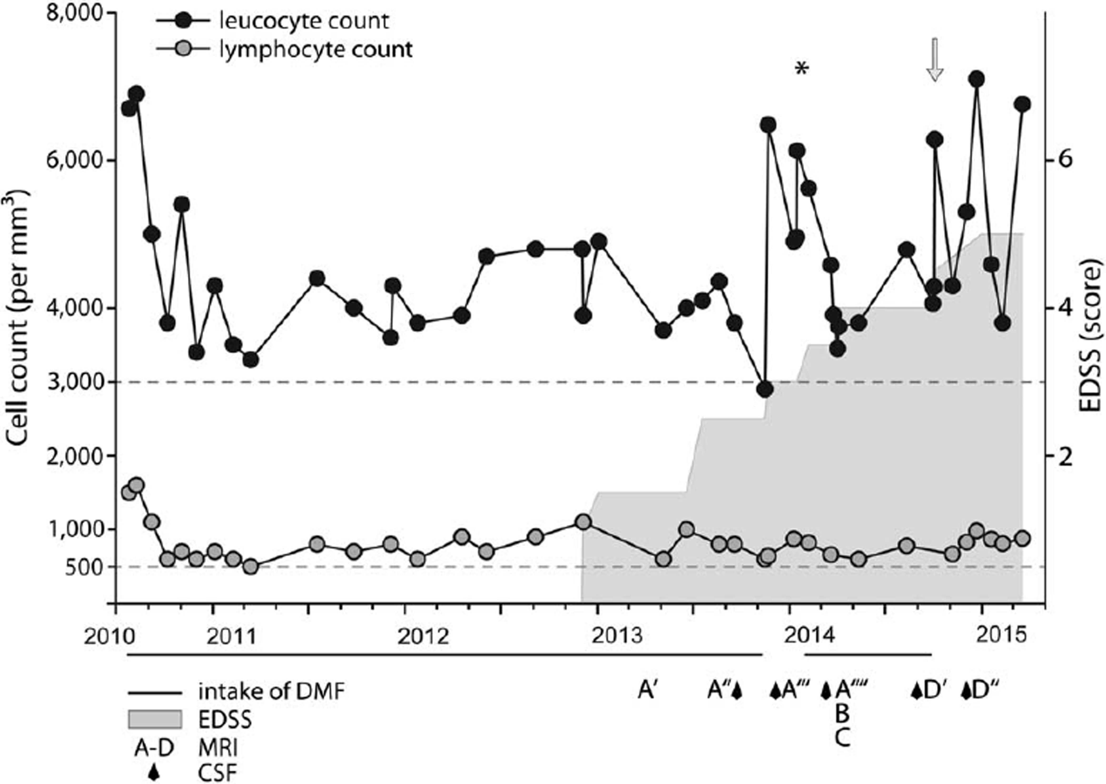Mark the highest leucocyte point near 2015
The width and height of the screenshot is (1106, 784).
click(x=977, y=79)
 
